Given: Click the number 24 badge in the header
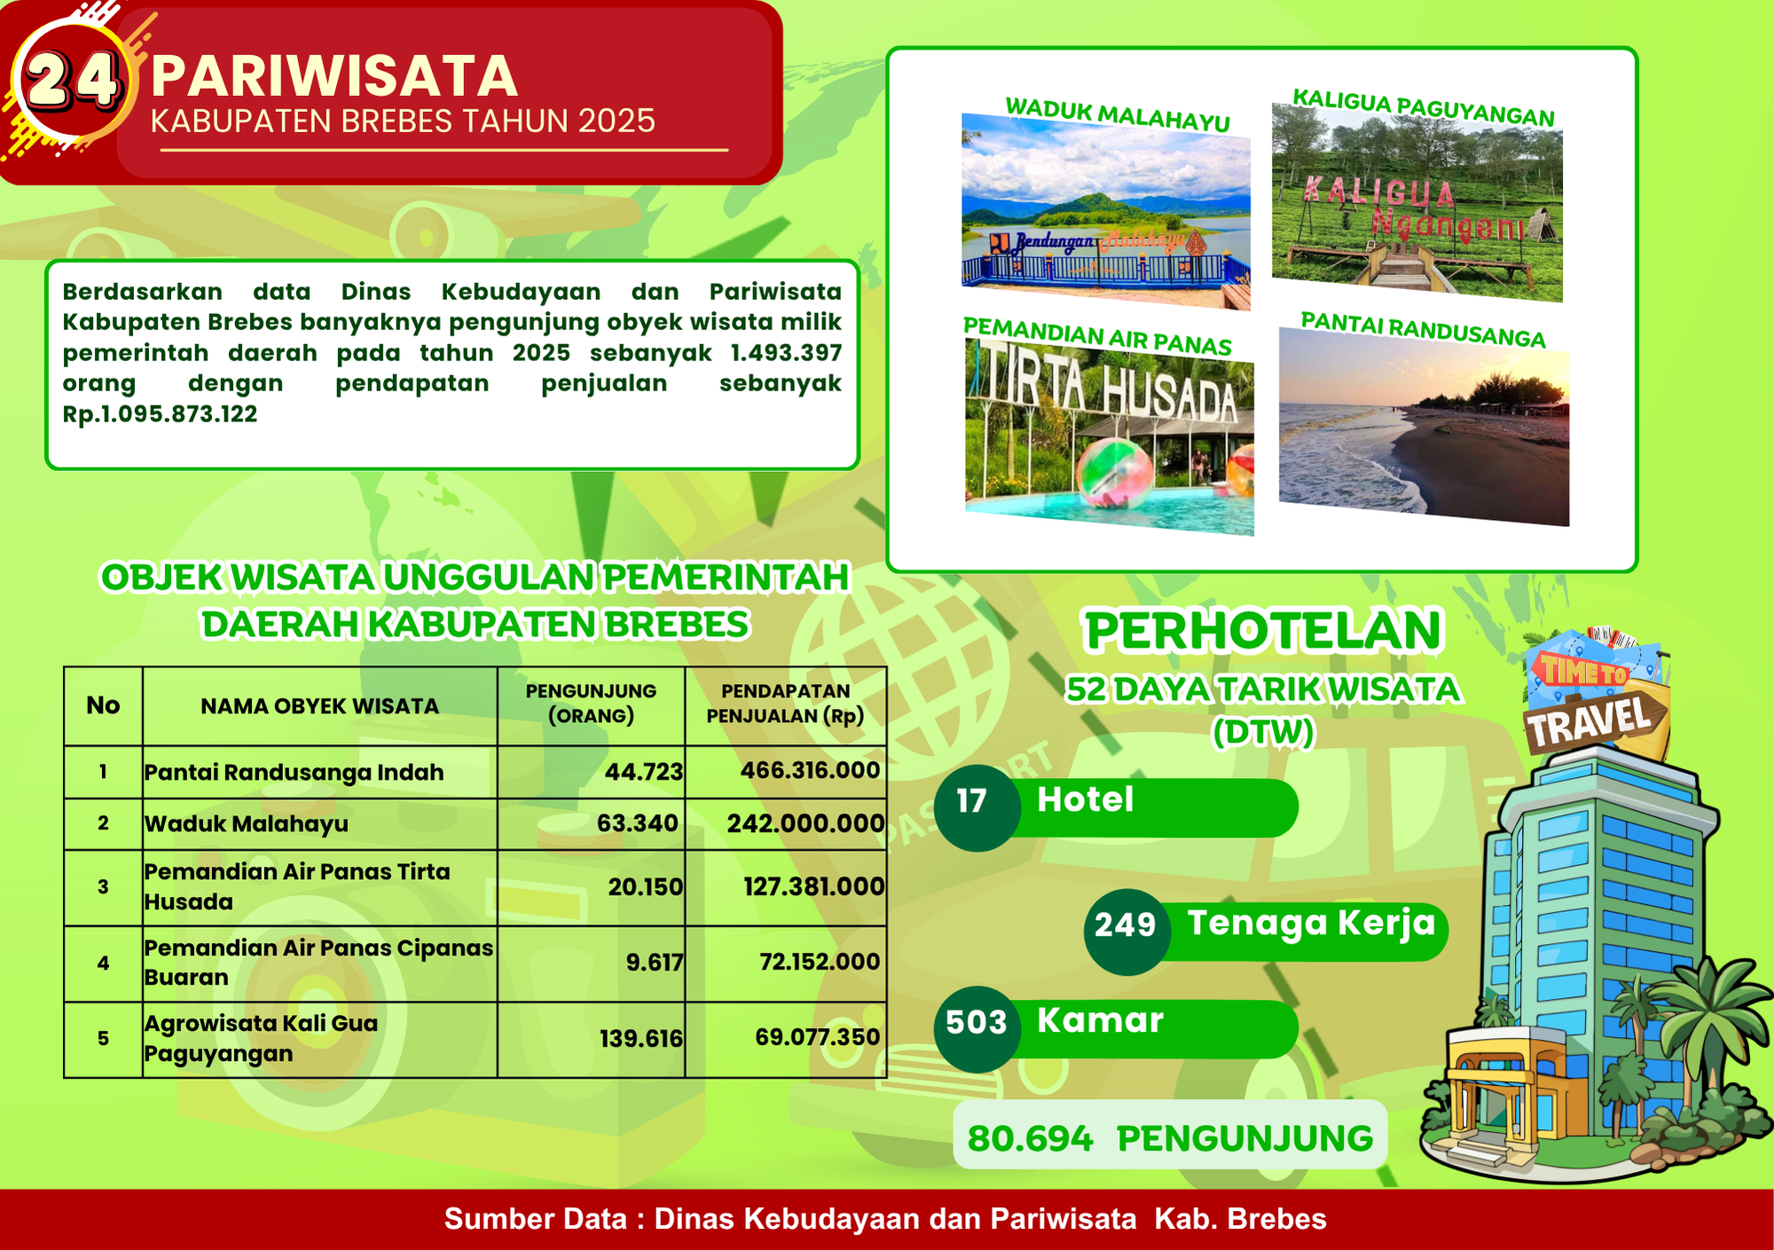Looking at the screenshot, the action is pos(73,80).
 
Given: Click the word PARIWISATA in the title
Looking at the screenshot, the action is pos(334,76).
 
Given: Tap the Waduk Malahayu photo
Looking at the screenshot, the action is pos(1106,211).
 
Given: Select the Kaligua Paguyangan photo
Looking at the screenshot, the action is pos(1417,202).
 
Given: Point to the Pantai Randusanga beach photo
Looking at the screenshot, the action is pos(1424,427).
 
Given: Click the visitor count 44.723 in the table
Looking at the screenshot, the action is pos(644,772).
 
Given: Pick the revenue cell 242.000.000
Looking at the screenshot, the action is pos(805,823).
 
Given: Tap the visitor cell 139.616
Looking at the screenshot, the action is pos(641,1039).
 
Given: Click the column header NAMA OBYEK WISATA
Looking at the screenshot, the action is pos(319,706).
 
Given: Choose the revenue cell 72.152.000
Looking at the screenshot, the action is pos(820,962).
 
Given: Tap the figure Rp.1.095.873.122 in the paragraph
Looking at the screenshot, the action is pos(160,414).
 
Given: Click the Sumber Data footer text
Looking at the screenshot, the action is pos(885,1219).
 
